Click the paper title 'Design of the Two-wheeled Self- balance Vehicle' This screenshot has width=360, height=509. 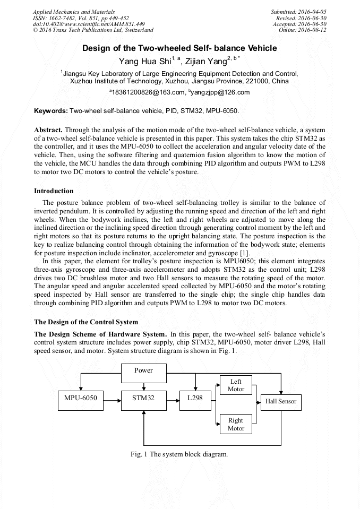pos(179,48)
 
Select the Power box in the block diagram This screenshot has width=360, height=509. pos(143,370)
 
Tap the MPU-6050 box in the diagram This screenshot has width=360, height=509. pos(81,399)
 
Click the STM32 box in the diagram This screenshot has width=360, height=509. pos(143,399)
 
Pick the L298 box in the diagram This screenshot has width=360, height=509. pos(195,399)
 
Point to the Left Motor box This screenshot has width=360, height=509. pos(236,385)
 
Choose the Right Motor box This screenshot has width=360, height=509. pos(236,424)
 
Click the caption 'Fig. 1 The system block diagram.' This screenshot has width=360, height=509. pos(179,454)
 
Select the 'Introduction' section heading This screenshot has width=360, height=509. pos(54,191)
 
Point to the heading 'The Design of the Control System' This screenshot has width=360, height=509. pos(86,322)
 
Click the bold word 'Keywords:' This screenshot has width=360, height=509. pos(51,111)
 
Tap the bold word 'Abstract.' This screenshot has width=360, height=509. pos(48,130)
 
